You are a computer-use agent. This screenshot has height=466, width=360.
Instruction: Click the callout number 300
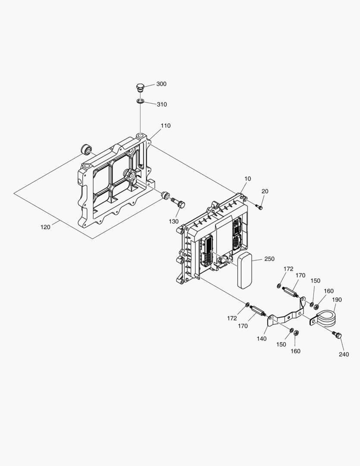coord(161,84)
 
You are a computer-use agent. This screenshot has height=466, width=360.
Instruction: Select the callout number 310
coord(162,104)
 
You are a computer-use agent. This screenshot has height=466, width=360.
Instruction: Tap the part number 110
coord(166,126)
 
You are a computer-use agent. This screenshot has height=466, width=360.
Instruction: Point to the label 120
coord(45,227)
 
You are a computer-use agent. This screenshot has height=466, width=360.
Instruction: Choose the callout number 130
coord(174,221)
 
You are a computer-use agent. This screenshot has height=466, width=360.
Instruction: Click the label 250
coord(269,259)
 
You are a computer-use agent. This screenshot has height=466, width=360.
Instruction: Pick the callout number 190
coord(337,299)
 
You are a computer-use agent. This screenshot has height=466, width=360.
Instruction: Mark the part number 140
coord(262,339)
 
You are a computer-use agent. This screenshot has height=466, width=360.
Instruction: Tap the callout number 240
coord(344,354)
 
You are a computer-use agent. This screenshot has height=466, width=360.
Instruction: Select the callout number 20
coord(265,191)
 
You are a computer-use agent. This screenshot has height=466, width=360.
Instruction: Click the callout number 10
coord(247,179)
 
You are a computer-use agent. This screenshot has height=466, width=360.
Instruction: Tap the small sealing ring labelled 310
coord(140,101)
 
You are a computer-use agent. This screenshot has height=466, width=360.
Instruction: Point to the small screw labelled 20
coord(260,208)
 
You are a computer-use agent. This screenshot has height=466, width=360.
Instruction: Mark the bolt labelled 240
coord(337,335)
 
